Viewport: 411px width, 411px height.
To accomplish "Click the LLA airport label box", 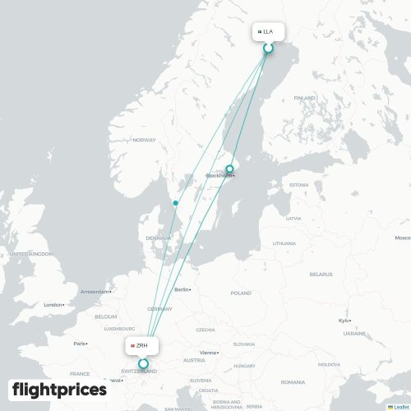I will point(268,32).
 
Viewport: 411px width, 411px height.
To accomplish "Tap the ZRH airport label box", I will point(142,346).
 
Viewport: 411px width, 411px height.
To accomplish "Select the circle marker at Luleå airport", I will point(268,48).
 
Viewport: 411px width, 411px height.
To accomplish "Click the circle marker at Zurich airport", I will point(143,363).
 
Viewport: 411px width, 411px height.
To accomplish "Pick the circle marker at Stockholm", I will point(230,169).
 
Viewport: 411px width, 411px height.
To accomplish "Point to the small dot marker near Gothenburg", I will point(175,203).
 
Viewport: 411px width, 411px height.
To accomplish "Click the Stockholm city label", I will point(219,175).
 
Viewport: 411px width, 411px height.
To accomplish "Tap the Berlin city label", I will point(182,289).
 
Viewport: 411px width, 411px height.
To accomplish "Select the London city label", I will point(53,304).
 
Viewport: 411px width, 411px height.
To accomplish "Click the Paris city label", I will point(80,343).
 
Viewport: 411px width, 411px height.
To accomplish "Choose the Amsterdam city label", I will point(95,291).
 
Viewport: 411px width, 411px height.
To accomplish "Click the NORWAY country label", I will point(144,140).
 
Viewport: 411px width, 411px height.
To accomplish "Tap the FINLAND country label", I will point(304,98).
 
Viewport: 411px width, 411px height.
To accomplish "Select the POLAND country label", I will point(241,293).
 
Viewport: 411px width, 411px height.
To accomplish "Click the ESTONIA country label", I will point(298,184).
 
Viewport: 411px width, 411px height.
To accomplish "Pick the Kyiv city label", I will point(343,321).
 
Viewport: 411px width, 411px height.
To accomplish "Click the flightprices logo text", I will point(59,389).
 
